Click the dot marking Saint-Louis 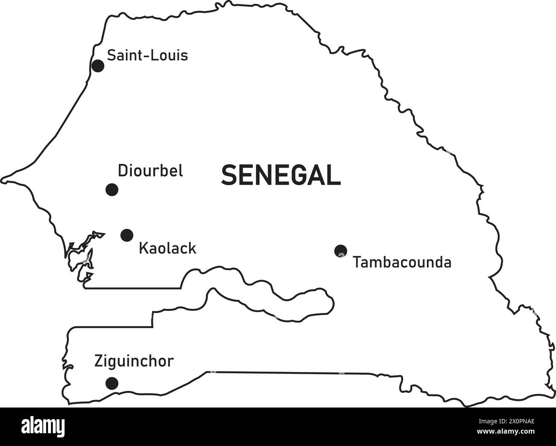(98, 66)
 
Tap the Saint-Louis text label (147, 55)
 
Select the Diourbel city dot (112, 189)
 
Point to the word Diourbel (150, 171)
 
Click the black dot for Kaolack (127, 235)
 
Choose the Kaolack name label (168, 248)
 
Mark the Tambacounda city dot (340, 251)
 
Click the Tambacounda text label (402, 262)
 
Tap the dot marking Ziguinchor (112, 382)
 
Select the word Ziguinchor (134, 361)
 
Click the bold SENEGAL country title (281, 176)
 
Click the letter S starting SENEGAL (228, 176)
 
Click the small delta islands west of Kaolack (81, 259)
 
